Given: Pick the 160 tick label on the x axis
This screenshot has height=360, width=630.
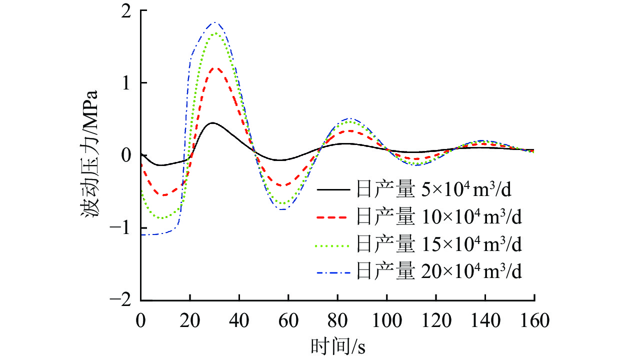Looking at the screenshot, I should click(534, 319).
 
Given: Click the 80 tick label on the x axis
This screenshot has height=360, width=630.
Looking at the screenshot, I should click(338, 319).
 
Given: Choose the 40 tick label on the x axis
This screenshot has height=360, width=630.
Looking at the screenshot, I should click(239, 319).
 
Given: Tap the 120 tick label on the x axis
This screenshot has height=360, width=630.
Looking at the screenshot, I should click(436, 319).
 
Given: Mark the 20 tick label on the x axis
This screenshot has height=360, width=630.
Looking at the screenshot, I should click(190, 319).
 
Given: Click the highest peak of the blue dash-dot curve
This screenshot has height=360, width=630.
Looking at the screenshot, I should click(215, 22).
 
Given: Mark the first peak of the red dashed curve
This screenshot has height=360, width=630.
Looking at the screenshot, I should click(215, 67).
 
